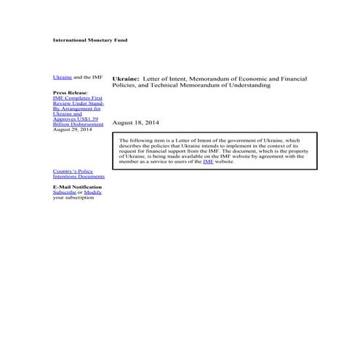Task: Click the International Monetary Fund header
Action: click(x=90, y=40)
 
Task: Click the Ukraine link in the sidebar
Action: click(x=63, y=77)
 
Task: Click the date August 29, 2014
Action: click(x=72, y=129)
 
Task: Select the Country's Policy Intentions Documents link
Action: click(x=79, y=173)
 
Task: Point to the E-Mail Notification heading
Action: click(x=77, y=187)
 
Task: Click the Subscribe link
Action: click(x=65, y=192)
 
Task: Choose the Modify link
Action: click(x=92, y=192)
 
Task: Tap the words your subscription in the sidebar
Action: click(x=73, y=198)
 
